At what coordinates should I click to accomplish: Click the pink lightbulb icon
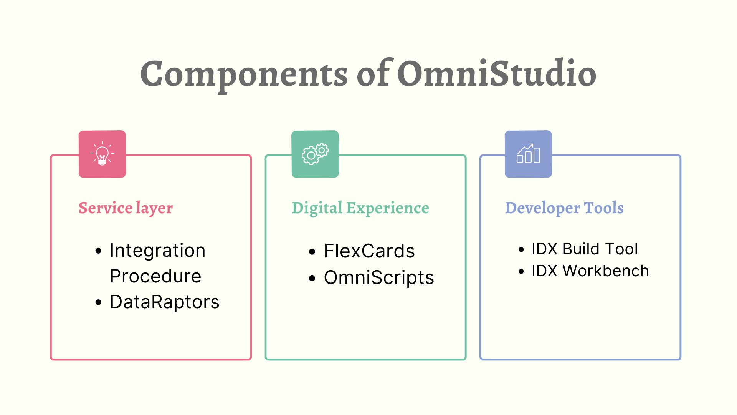coord(102,154)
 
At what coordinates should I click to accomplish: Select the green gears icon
coord(315,154)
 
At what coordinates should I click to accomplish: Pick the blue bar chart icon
coord(528,154)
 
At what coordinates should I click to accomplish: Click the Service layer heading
coord(126,208)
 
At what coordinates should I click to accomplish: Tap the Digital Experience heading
coord(360,208)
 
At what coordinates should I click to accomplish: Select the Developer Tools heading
coord(564,208)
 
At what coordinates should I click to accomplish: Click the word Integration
coord(157,251)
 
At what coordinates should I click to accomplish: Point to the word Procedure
coord(155,276)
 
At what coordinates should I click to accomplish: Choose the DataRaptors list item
coord(164,302)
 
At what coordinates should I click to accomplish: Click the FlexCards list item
coord(369,251)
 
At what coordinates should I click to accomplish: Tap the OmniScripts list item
coord(379,277)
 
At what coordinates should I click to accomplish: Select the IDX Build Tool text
coord(585,249)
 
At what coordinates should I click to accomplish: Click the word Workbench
coord(606,271)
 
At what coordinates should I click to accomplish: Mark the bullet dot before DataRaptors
coord(99,303)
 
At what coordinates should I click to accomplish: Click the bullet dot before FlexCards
coord(312,252)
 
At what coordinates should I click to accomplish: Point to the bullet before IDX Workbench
coord(521,272)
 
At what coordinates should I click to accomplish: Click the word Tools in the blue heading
coord(603,208)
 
